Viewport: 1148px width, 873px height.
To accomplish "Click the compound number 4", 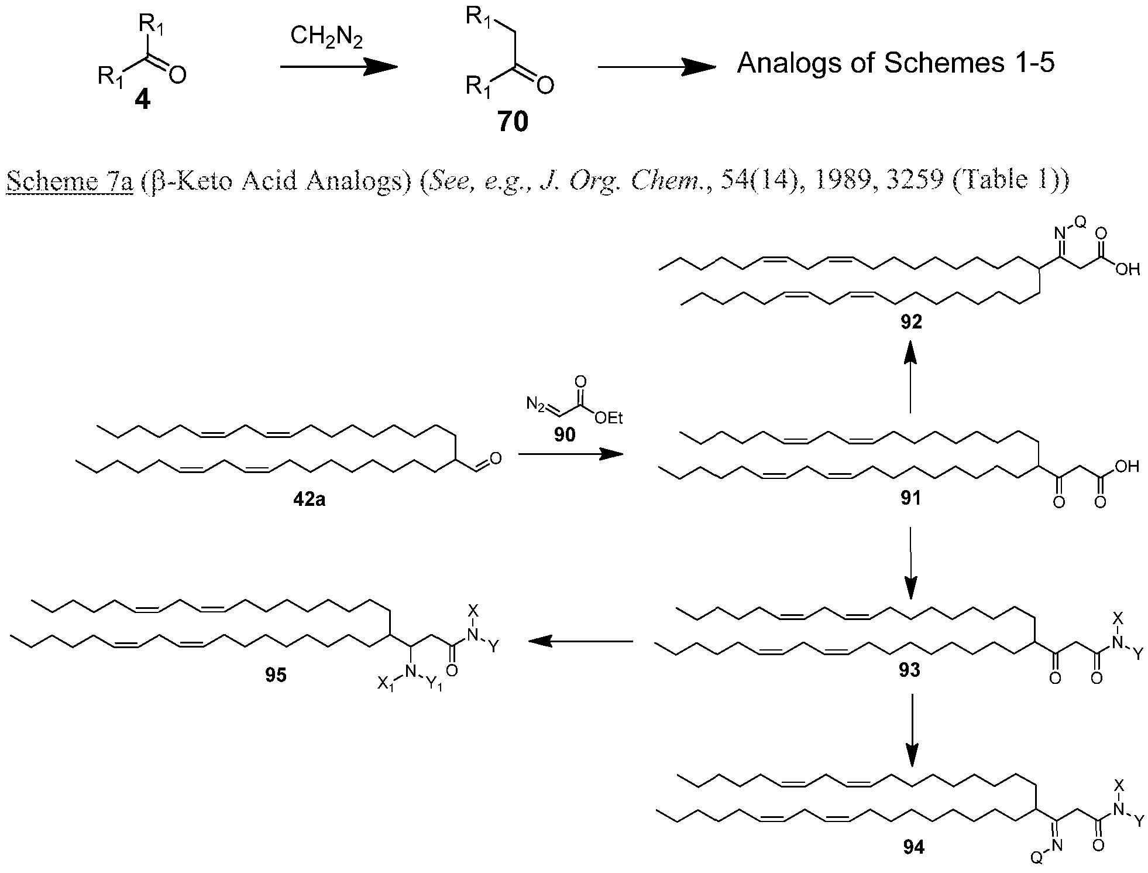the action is (x=142, y=101).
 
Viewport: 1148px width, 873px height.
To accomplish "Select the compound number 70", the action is (x=513, y=122).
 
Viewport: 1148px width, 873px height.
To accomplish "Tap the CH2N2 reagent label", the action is (x=327, y=38).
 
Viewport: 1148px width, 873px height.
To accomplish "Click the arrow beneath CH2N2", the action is (x=339, y=67).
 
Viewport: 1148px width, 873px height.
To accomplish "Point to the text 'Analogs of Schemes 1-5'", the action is (x=895, y=63).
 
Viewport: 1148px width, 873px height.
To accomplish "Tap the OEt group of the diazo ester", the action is (x=609, y=417).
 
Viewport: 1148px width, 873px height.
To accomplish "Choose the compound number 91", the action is (x=910, y=498).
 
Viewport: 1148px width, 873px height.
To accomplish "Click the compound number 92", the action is (x=910, y=321).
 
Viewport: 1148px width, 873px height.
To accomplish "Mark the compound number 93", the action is (x=909, y=670).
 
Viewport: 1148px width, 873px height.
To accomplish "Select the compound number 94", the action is (x=913, y=847).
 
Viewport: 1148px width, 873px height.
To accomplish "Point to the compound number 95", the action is (x=275, y=675).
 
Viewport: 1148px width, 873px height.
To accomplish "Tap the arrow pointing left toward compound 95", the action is (x=580, y=642).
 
